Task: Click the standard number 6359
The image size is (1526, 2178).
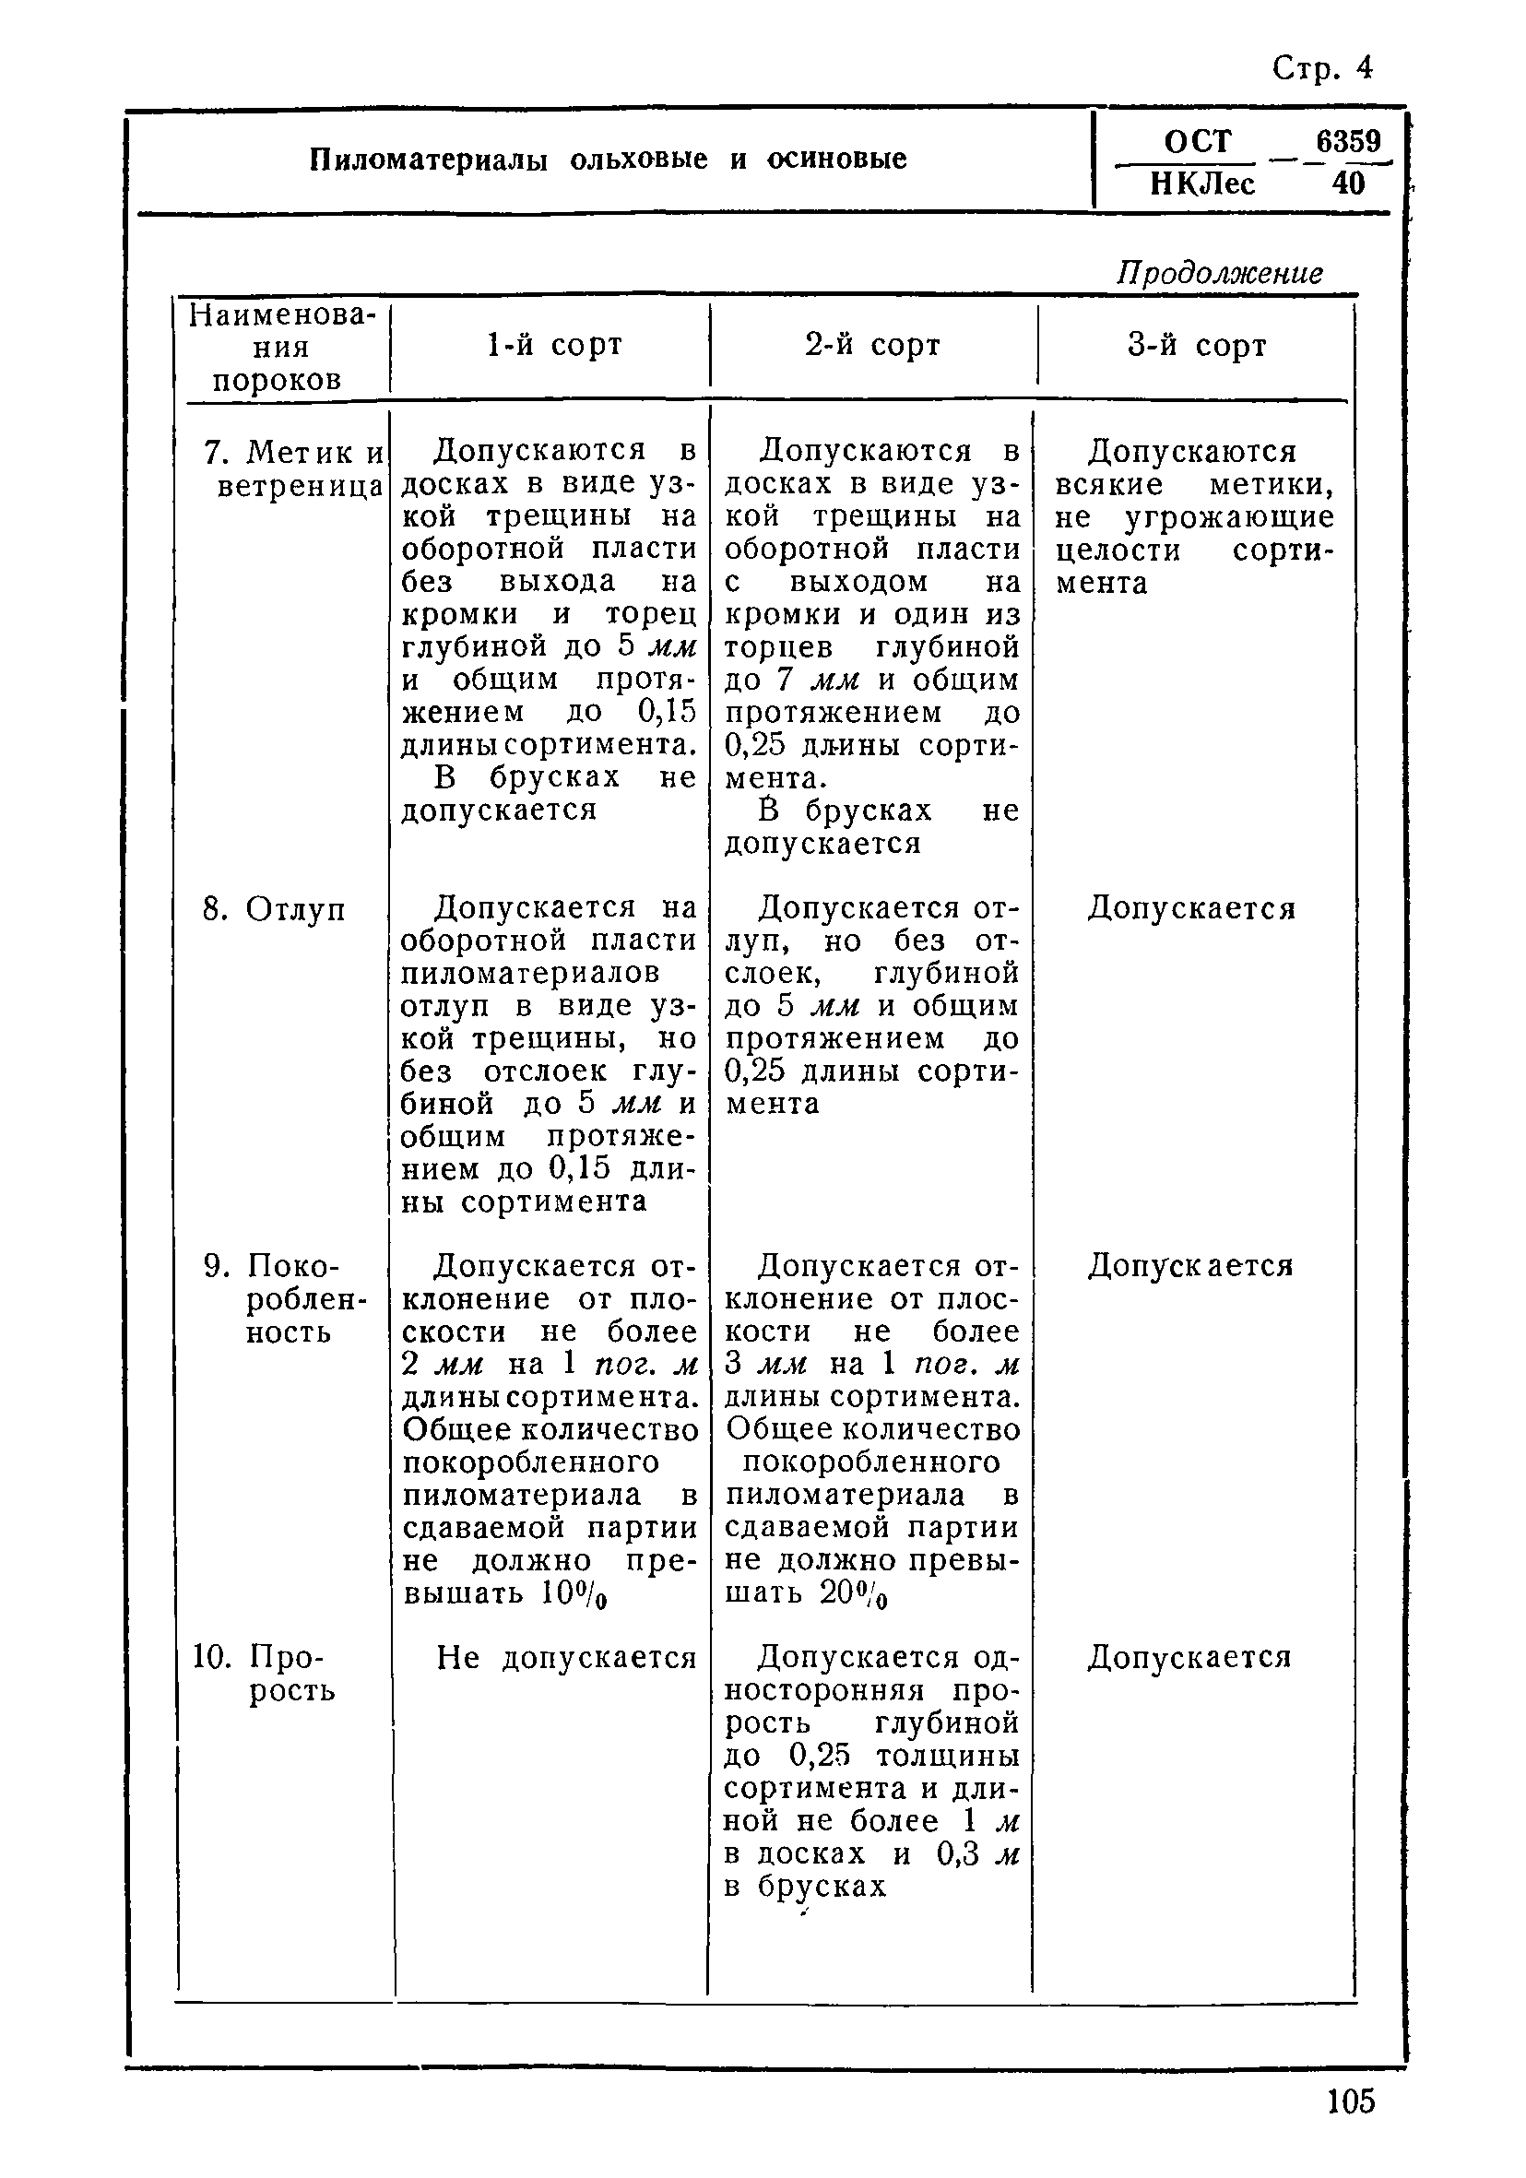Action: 1348,141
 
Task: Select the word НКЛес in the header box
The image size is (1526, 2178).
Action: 1202,183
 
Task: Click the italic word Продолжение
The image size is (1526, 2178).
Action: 1219,273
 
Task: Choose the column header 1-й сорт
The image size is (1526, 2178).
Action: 554,344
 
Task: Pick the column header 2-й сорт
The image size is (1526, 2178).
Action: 872,344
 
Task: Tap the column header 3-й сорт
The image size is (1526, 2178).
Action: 1197,345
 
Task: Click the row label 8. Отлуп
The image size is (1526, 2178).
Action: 275,909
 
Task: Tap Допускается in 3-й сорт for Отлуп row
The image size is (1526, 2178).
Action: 1190,909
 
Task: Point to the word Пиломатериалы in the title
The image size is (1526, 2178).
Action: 429,160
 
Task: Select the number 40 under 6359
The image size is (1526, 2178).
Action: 1348,183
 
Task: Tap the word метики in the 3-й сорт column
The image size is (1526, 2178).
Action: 1271,485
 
